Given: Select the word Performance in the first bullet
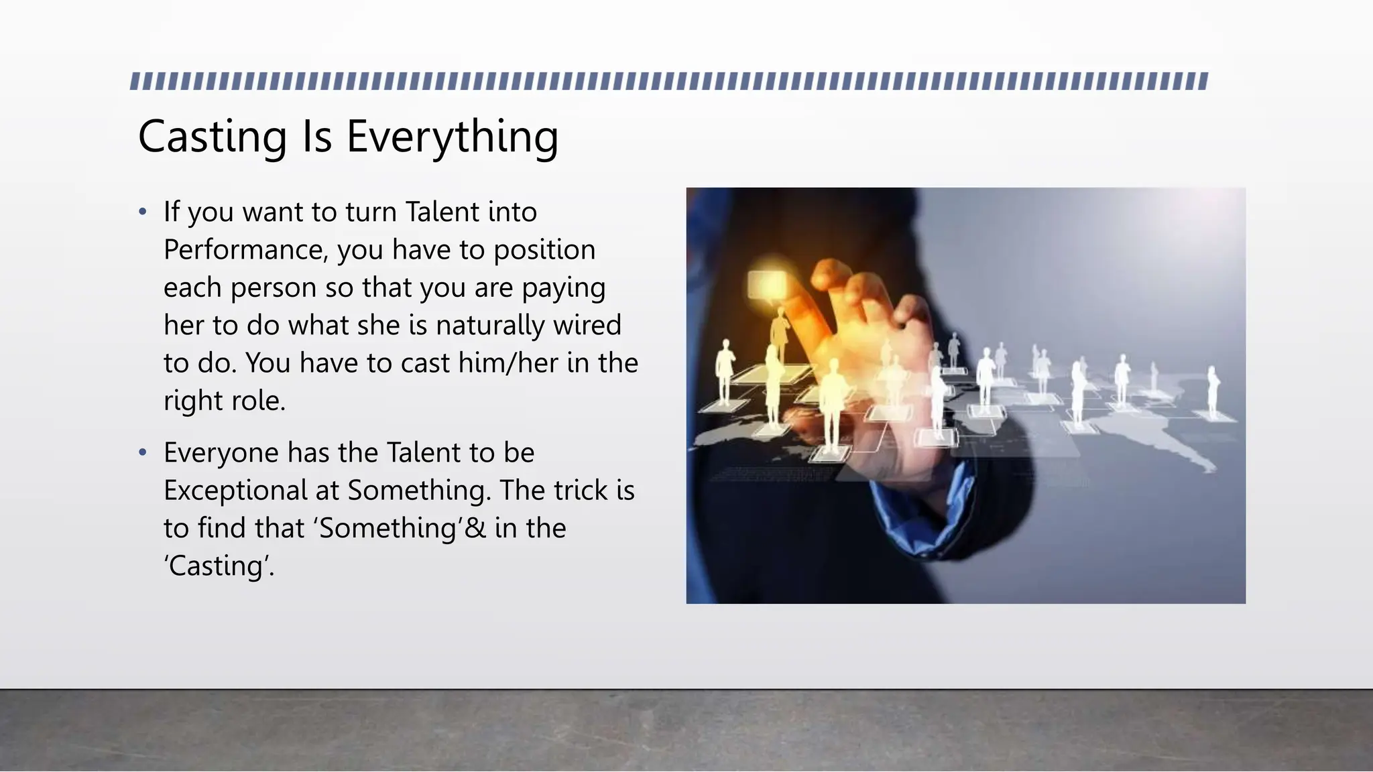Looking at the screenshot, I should (x=245, y=249).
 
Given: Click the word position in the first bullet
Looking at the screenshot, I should (x=544, y=249).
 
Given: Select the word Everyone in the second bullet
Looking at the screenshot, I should (x=221, y=452).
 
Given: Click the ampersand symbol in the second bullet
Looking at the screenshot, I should (x=475, y=528).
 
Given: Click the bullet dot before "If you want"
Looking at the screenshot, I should (x=142, y=212).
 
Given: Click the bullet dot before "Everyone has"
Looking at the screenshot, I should (x=142, y=453).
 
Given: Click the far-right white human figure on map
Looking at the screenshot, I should (x=1212, y=392).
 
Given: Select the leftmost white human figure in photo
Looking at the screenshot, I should (x=724, y=372).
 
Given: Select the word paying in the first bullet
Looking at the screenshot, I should (x=563, y=287).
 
